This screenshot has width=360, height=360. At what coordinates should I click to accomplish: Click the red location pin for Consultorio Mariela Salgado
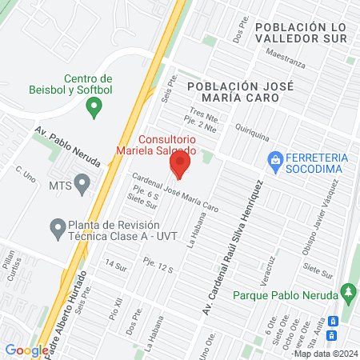pos(179,166)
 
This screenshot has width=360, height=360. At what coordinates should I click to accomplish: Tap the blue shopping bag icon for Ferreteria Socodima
pos(275,160)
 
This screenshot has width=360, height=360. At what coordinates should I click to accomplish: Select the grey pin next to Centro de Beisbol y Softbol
pos(94,106)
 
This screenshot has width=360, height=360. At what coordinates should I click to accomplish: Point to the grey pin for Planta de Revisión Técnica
pos(57,230)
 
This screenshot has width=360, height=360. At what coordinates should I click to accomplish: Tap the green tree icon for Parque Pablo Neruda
pos(346,292)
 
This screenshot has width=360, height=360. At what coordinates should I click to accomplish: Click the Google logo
pos(26,350)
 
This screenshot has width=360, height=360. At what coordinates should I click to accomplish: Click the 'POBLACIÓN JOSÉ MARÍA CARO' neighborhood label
pos(234,90)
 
